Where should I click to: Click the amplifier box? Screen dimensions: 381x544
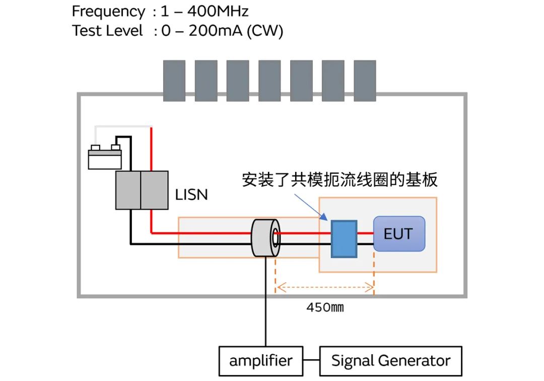pos(260,361)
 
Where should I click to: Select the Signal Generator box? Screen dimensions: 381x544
pos(390,361)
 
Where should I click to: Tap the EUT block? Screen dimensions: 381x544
pos(399,234)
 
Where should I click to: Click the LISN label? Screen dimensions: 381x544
pos(191,195)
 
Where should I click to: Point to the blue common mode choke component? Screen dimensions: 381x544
pos(344,239)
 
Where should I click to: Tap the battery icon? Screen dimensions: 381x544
pos(105,156)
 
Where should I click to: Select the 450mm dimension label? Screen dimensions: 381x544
pos(325,307)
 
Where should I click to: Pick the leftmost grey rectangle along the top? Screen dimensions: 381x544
pos(174,81)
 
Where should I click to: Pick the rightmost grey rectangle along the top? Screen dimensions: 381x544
pos(365,81)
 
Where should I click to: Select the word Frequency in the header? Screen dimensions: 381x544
pos(108,11)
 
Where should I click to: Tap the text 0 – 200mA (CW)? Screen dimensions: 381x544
pos(222,31)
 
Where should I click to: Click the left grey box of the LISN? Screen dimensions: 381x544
pos(128,190)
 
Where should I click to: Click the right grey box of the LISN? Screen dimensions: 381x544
pos(154,190)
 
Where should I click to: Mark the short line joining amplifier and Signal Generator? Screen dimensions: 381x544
pos(312,361)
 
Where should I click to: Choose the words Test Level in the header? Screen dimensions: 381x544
pos(108,31)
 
